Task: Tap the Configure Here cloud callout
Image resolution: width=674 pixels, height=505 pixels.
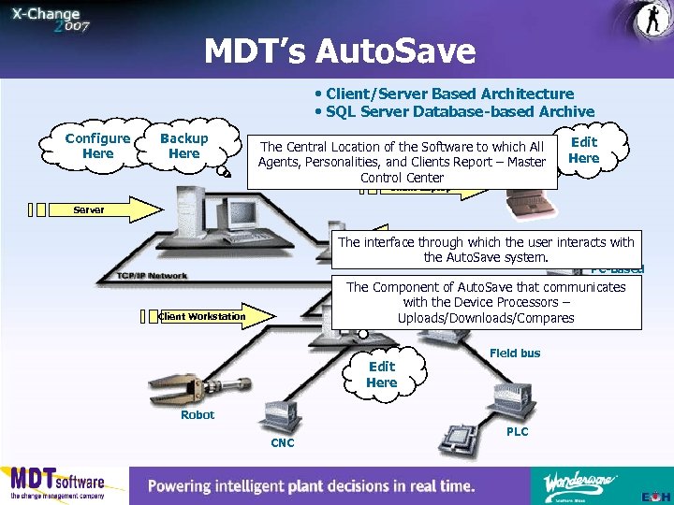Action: tap(97, 146)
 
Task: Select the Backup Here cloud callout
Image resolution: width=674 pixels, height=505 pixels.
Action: tap(184, 146)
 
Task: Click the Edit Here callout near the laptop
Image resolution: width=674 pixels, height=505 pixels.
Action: tap(583, 150)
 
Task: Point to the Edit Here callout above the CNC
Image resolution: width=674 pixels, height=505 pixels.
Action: tap(382, 374)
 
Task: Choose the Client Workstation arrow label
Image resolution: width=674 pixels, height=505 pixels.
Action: tap(202, 316)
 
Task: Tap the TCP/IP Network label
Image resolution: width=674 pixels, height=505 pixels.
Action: tap(152, 276)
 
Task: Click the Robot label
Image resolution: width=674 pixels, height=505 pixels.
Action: tap(198, 414)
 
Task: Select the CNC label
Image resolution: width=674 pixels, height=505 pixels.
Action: tap(282, 441)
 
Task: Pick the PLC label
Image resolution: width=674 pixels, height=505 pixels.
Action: tap(517, 431)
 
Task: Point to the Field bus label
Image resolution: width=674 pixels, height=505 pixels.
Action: tap(515, 353)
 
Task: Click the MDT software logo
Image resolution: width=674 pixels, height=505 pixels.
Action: tap(58, 484)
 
